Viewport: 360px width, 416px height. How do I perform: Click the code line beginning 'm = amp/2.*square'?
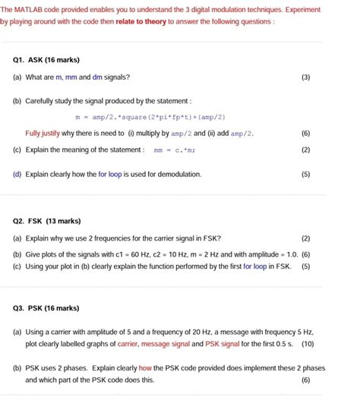[x=150, y=118]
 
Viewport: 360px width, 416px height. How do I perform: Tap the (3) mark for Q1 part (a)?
[x=305, y=77]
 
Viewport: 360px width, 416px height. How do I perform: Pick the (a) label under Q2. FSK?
[x=17, y=238]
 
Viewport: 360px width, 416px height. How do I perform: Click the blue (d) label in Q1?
[x=17, y=174]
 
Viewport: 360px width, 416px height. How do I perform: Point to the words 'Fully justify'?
[x=43, y=134]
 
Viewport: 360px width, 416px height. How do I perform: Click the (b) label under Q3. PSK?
[x=17, y=368]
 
